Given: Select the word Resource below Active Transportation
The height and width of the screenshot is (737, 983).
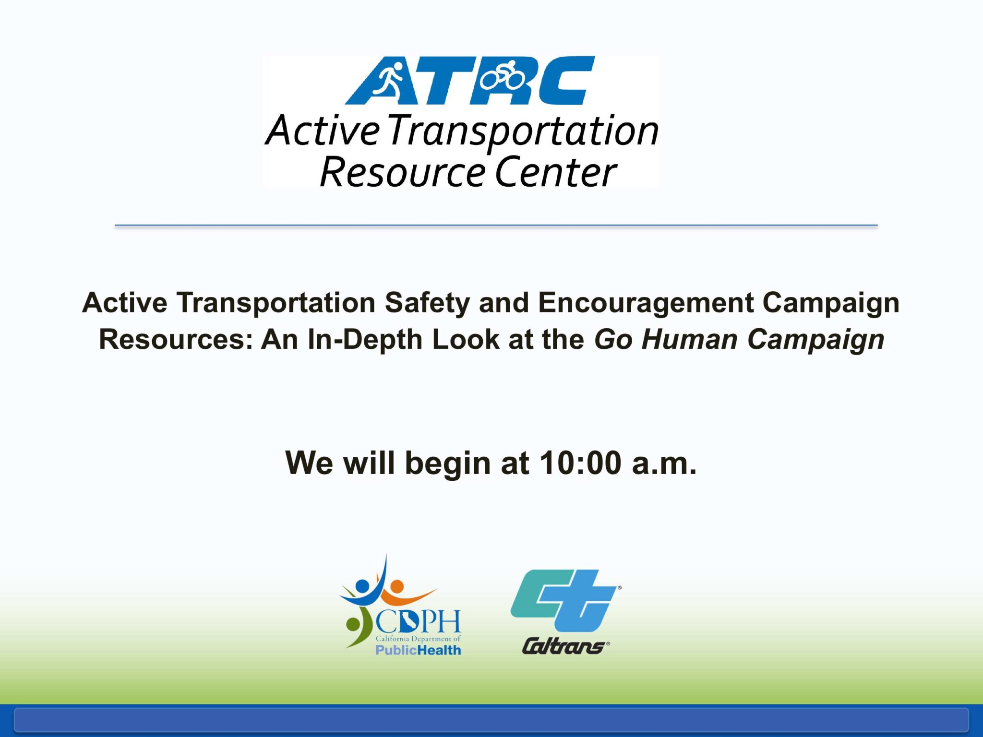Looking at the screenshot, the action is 402,172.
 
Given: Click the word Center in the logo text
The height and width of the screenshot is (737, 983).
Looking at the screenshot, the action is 556,172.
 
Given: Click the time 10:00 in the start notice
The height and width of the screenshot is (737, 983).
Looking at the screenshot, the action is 581,463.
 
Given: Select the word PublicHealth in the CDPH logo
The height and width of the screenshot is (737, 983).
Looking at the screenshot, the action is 418,650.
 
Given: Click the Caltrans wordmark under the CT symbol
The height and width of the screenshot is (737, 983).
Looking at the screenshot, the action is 565,646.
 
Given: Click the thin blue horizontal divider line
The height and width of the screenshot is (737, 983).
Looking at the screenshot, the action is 496,225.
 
